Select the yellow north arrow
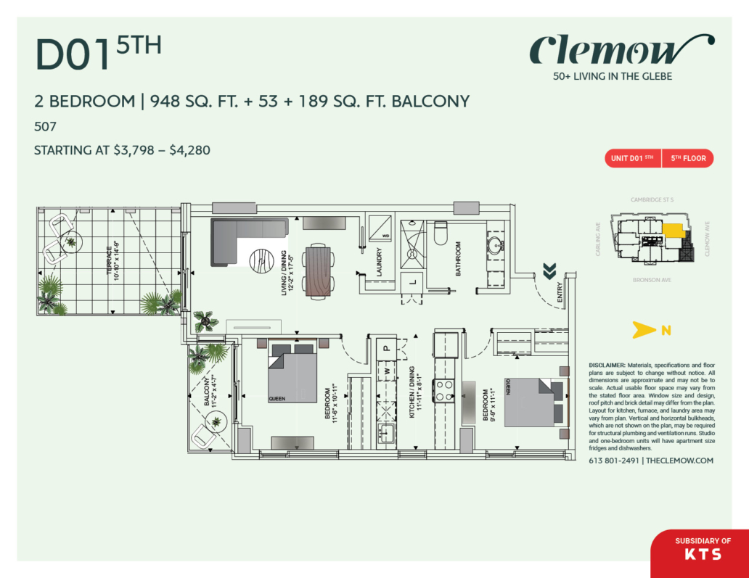(640, 331)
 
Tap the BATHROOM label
(459, 260)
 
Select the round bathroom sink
(496, 242)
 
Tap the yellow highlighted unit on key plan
(673, 232)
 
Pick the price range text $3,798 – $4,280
(161, 151)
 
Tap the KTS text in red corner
(703, 555)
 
